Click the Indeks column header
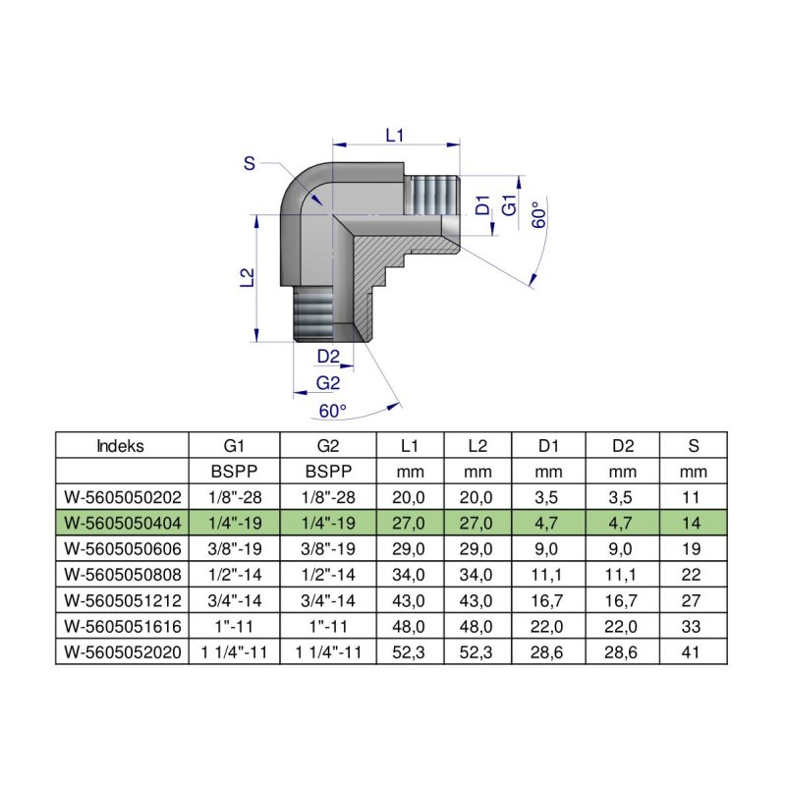[120, 445]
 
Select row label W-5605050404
[120, 522]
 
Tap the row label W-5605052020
[120, 650]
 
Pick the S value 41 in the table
[694, 650]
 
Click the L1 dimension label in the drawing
[395, 137]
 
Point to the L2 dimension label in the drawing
[248, 278]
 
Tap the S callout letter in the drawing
[250, 164]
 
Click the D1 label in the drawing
[482, 207]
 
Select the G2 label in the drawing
[328, 382]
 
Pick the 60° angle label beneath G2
[333, 410]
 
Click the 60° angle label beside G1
[538, 215]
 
